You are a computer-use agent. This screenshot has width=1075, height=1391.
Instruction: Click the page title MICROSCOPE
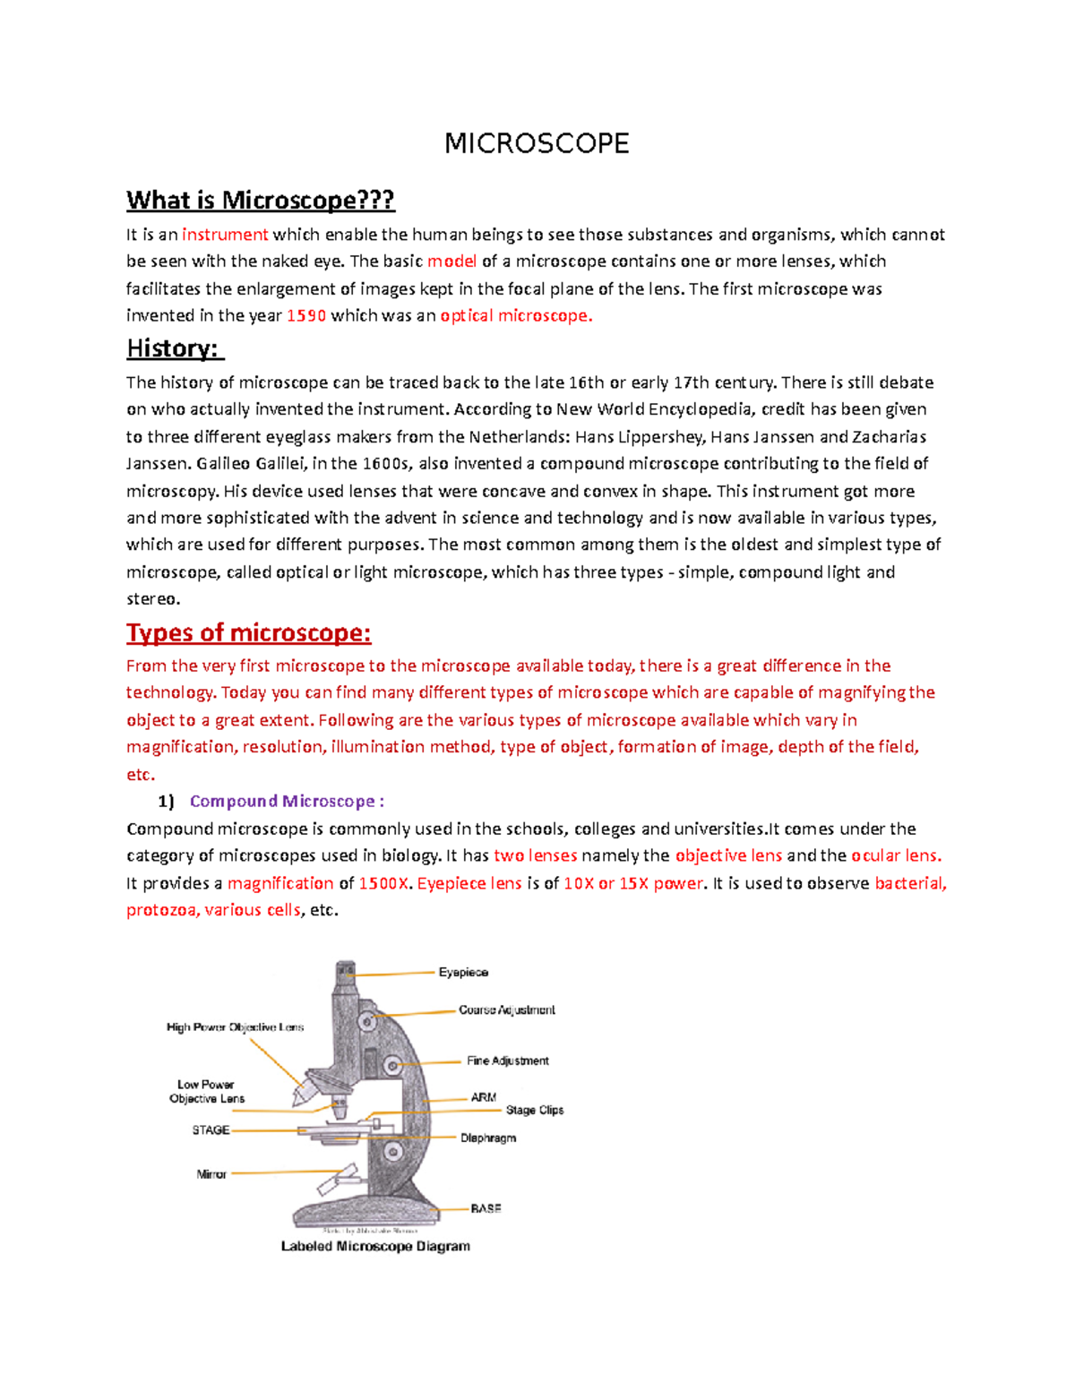537,143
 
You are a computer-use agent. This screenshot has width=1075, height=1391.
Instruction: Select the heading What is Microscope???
260,200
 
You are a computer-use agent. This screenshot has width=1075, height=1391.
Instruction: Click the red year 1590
305,315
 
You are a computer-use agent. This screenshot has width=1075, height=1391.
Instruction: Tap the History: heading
174,348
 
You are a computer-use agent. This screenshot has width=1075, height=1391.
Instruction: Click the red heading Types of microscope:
248,633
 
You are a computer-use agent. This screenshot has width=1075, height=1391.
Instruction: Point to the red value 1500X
383,883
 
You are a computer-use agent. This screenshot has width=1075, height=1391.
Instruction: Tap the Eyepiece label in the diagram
463,972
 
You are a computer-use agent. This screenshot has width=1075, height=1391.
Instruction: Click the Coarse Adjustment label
506,1009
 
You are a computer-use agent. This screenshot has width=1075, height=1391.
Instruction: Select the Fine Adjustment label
507,1060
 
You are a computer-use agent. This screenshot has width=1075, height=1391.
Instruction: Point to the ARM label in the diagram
483,1097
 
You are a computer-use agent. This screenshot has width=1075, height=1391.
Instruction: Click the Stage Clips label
535,1110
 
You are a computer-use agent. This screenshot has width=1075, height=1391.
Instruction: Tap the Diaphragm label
488,1138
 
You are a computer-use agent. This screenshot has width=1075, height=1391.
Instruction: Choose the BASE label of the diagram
486,1208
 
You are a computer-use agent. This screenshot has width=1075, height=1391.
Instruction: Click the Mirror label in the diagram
211,1173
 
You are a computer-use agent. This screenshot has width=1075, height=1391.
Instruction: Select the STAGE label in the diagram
211,1130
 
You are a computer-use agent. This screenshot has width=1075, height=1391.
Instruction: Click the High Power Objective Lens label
235,1027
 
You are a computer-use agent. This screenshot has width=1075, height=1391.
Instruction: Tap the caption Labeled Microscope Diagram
375,1246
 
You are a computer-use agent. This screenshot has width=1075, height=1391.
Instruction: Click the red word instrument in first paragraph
225,235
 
